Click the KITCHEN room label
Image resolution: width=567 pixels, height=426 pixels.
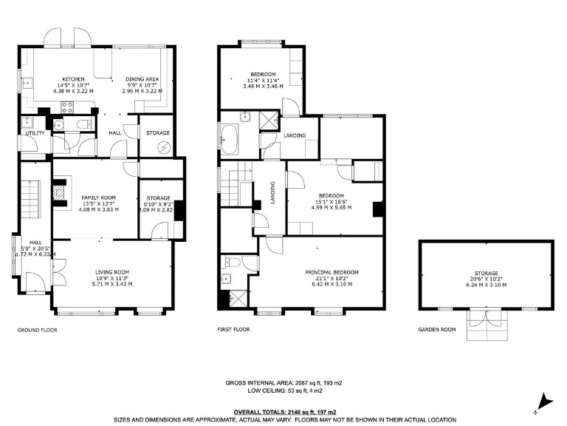coord(72,79)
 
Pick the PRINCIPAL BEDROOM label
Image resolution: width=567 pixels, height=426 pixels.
coord(331,272)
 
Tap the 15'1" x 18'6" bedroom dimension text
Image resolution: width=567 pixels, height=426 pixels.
coord(330,202)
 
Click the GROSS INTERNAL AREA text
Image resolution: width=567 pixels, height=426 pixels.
coord(283,382)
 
